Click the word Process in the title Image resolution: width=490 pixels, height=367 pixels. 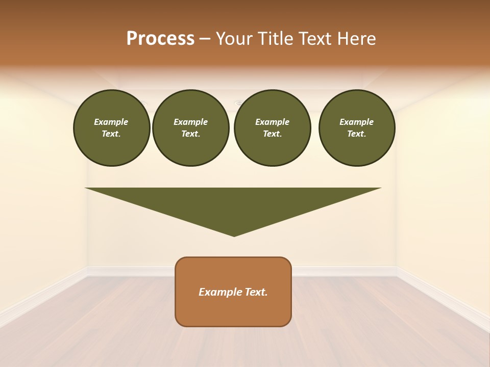coord(160,39)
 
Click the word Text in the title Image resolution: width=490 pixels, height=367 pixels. coord(316,39)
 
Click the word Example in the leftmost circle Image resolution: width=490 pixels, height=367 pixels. coord(111,122)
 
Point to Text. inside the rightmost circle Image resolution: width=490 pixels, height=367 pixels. coord(356,134)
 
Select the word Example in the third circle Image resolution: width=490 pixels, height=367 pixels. coord(272,122)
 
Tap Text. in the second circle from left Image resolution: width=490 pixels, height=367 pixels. coord(190,134)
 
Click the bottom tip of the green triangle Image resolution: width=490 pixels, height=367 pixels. coord(234,235)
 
